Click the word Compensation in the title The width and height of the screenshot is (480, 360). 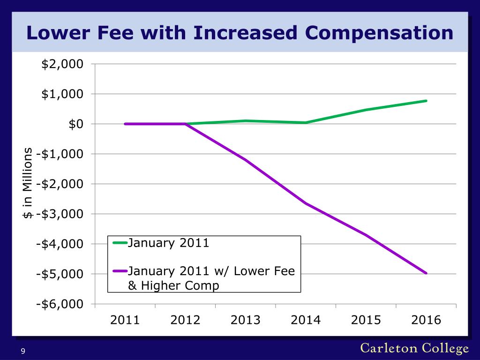379,33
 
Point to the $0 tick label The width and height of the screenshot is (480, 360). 75,124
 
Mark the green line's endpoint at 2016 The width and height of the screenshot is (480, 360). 426,101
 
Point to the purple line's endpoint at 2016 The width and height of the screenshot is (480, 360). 426,273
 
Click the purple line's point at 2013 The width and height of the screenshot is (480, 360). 246,160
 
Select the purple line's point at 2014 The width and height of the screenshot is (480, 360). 306,203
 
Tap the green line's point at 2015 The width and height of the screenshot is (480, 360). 366,110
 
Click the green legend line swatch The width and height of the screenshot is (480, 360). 120,243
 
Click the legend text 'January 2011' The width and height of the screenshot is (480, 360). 168,243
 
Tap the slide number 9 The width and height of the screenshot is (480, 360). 22,352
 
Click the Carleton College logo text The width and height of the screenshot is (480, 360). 414,348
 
